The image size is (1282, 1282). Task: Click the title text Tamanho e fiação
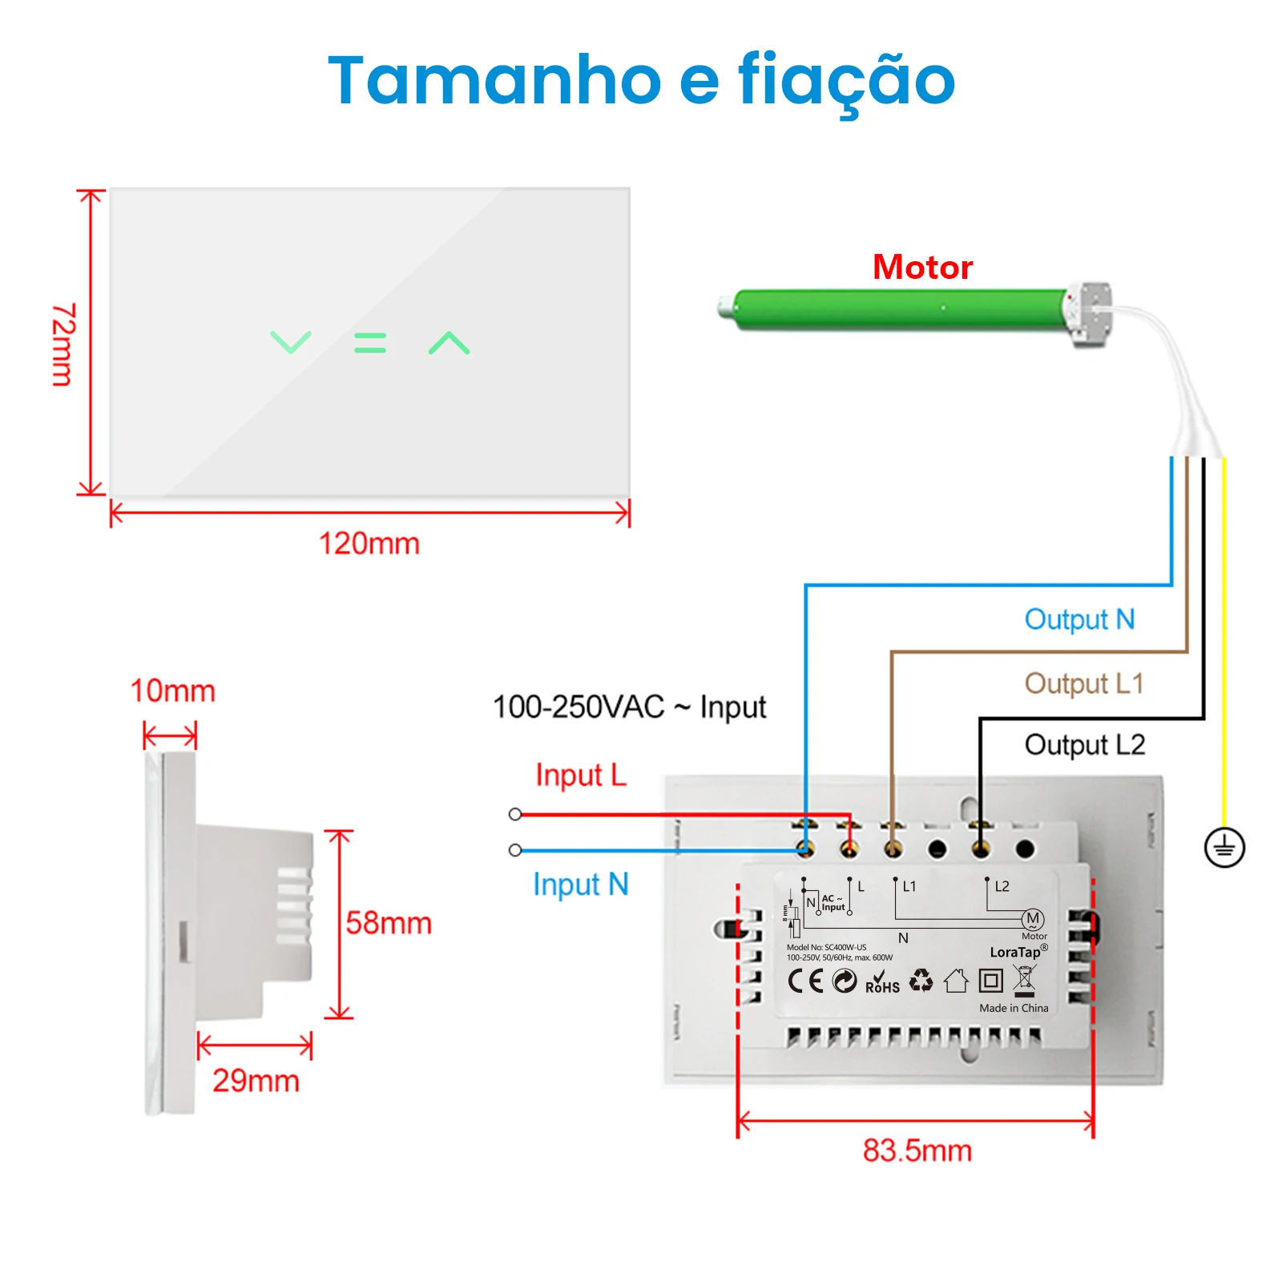pos(641,80)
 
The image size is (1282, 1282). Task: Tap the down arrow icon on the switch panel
pos(290,342)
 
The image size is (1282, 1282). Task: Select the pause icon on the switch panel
pos(370,343)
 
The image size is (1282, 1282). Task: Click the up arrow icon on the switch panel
pos(449,343)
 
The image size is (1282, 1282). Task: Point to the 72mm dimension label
pos(63,345)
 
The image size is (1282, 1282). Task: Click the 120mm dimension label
pos(369,544)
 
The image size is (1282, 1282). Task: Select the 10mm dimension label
pos(173,691)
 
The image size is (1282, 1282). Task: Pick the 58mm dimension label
pos(389,923)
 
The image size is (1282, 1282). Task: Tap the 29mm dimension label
pos(256,1081)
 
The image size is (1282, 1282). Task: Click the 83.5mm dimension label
pos(917,1151)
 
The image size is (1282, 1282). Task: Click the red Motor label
pos(922,267)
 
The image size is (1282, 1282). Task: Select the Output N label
pos(1079,619)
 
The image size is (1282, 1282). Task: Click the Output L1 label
pos(1083,683)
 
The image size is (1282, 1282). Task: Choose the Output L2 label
pos(1085,744)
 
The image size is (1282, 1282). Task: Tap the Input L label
pos(581,775)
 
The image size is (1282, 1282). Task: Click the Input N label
pos(581,885)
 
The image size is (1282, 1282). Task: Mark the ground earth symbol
pos(1224,848)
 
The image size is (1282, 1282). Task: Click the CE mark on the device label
pos(805,981)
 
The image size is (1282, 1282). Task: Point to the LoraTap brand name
pos(1016,952)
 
